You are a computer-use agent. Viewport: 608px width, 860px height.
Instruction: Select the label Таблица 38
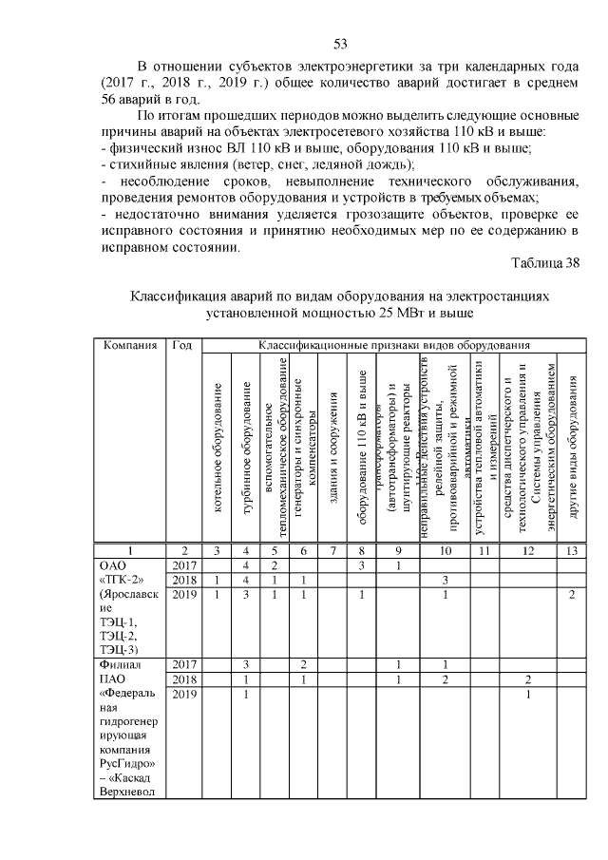[545, 263]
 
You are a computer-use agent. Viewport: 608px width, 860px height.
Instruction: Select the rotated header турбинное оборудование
[247, 448]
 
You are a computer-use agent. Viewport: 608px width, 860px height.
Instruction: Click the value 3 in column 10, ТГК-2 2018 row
[445, 580]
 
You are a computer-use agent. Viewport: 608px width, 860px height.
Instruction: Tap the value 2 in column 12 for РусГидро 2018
[527, 680]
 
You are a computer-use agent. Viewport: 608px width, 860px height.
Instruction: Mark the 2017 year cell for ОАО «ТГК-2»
[184, 565]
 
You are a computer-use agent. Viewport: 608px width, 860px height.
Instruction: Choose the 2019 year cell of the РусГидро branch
[184, 695]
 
